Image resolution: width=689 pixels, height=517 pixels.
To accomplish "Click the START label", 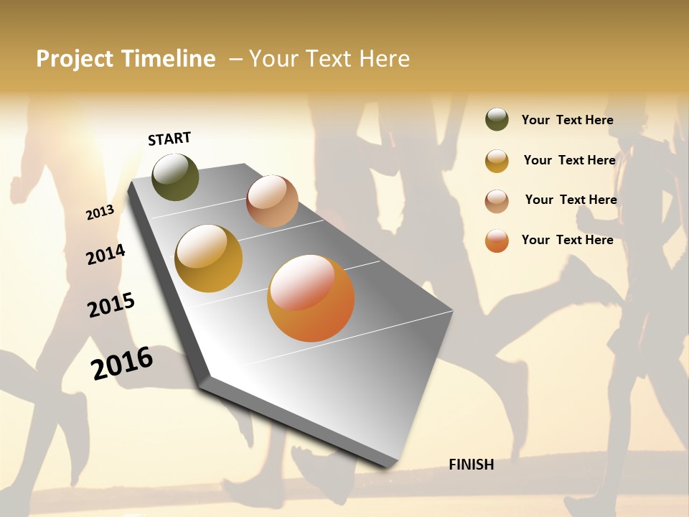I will point(169,138).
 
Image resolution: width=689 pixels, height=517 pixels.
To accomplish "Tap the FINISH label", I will point(471,465).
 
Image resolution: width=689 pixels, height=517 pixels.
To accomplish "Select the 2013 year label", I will point(100,212).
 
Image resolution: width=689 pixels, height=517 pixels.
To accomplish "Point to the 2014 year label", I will point(106,254).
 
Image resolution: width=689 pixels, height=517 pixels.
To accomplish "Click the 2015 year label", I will point(111,304).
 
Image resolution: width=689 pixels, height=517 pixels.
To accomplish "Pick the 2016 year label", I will point(122,363).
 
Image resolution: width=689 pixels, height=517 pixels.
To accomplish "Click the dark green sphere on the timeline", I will point(175,177).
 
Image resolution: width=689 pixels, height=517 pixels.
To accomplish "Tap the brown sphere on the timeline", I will point(272,201).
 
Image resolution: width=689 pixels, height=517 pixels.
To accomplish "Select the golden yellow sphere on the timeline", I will point(208,258).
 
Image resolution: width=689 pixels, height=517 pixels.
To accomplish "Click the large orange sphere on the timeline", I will point(311,298).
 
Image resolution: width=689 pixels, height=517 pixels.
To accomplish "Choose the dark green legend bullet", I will point(497,120).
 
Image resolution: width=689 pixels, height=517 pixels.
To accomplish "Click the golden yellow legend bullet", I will point(497,161).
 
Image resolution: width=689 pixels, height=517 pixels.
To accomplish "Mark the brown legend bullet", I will point(497,201).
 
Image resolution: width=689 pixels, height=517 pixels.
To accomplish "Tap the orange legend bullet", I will point(497,241).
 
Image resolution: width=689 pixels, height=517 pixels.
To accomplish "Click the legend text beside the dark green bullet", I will point(567,120).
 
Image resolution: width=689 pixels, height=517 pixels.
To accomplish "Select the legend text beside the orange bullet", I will point(567,240).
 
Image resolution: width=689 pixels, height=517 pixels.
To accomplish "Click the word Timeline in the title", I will point(168,59).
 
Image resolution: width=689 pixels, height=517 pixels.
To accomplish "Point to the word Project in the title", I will point(75,59).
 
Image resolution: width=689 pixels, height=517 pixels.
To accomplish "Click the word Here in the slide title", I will point(384,59).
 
